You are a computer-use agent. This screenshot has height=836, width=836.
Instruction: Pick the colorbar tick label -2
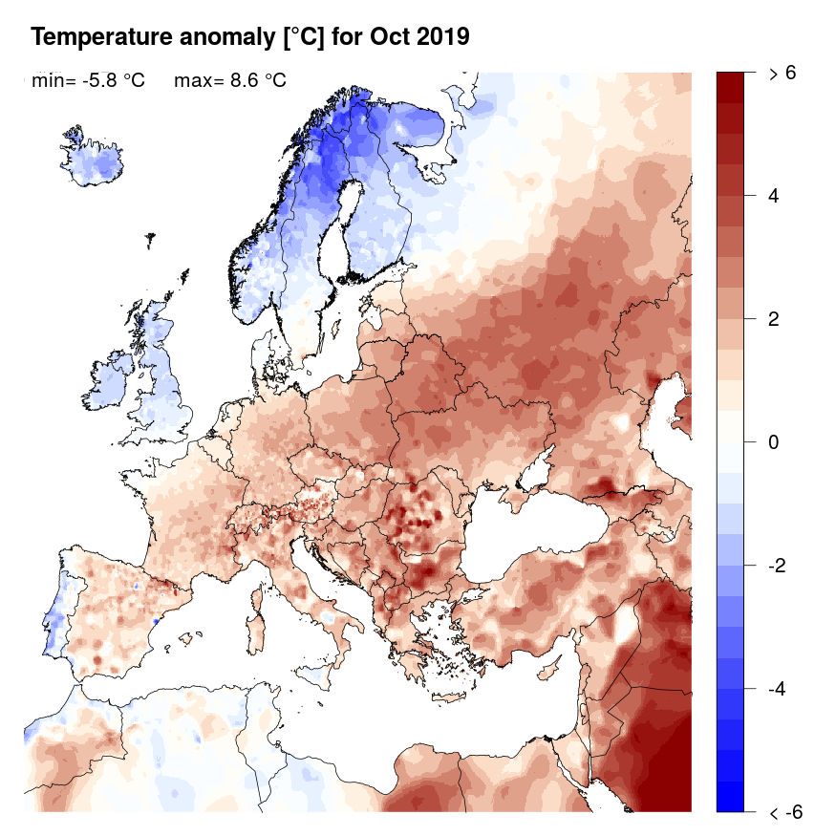[776, 566]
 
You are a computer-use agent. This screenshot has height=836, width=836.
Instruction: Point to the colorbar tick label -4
[776, 689]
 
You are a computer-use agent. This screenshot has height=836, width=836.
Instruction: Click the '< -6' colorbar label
[782, 812]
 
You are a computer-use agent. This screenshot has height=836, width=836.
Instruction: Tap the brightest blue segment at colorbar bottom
[730, 797]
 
